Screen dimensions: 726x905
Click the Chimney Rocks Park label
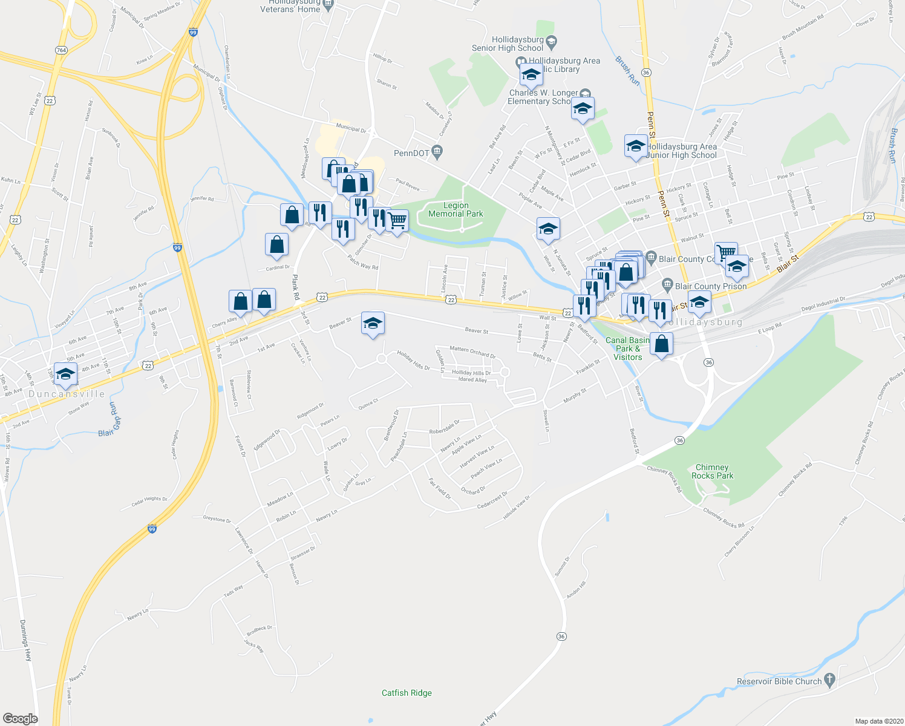(x=712, y=471)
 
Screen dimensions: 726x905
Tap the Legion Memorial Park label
(x=456, y=209)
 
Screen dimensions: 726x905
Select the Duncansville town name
(x=67, y=394)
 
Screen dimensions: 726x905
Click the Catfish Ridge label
(x=407, y=693)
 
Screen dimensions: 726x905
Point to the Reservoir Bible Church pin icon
(x=829, y=681)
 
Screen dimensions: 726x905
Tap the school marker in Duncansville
(x=65, y=374)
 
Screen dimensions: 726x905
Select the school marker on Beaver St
(x=373, y=323)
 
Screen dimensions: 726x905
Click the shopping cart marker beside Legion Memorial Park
(x=397, y=221)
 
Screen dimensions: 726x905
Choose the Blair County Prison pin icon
(x=667, y=284)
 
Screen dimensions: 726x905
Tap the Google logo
(x=20, y=718)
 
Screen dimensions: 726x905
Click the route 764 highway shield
(x=60, y=50)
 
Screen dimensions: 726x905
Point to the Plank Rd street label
(x=296, y=287)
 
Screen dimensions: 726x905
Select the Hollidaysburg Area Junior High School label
(x=682, y=151)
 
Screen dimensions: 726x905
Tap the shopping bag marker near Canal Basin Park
(x=662, y=344)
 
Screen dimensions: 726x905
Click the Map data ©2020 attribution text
(x=878, y=721)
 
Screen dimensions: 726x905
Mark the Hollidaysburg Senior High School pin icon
(x=551, y=42)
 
